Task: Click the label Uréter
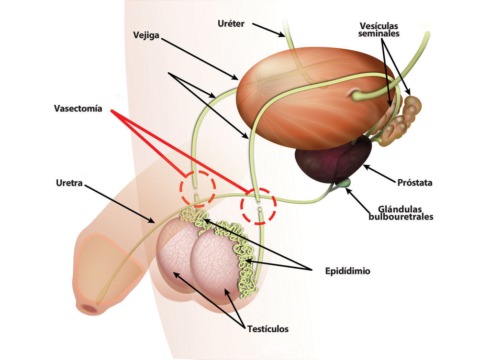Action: pyautogui.click(x=232, y=23)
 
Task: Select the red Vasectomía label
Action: pyautogui.click(x=78, y=109)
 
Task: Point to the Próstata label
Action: pyautogui.click(x=415, y=183)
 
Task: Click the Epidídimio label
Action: pyautogui.click(x=347, y=271)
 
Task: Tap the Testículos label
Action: pyautogui.click(x=268, y=329)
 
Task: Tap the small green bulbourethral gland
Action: pyautogui.click(x=344, y=183)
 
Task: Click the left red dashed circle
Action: pyautogui.click(x=198, y=188)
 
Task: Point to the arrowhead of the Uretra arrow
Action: pyautogui.click(x=153, y=221)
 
